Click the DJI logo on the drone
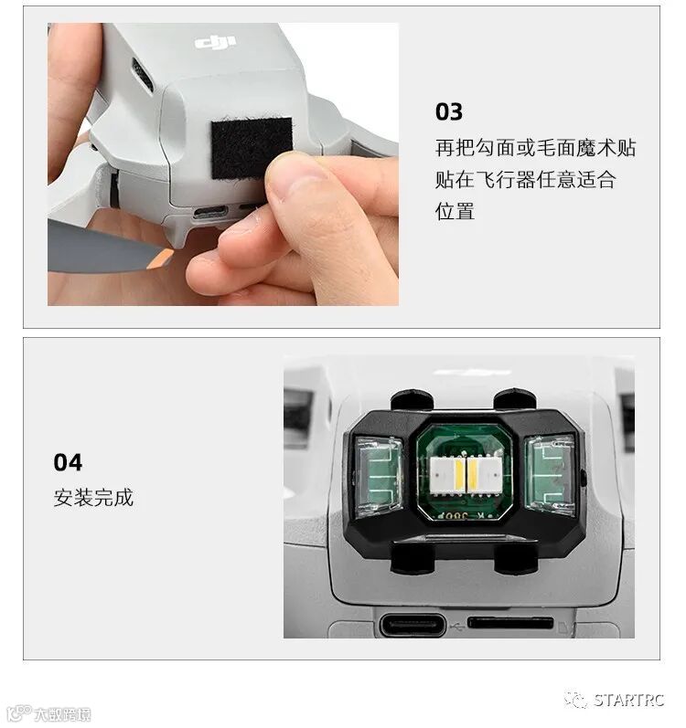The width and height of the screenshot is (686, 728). (215, 42)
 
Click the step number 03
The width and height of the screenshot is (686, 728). (449, 111)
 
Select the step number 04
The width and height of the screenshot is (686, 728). (68, 462)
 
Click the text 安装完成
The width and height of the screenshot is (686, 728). (93, 497)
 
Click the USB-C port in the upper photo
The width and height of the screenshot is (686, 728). (210, 214)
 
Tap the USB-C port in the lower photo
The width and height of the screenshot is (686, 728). (413, 626)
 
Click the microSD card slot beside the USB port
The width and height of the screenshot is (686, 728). (510, 623)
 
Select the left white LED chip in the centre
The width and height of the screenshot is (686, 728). (447, 475)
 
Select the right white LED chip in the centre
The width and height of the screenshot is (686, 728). (484, 475)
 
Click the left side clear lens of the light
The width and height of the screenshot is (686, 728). (379, 477)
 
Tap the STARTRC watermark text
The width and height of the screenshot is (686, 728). (630, 700)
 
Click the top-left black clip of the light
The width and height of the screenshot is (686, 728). (412, 400)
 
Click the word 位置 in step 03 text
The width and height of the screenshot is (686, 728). (455, 211)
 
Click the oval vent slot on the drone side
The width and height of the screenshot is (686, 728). (142, 74)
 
